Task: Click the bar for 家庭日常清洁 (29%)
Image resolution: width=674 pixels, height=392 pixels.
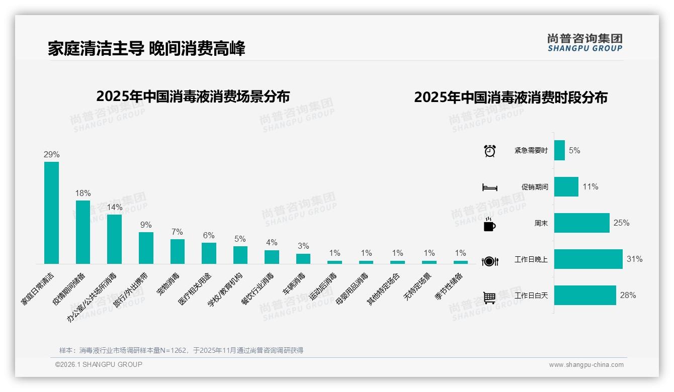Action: click(51, 213)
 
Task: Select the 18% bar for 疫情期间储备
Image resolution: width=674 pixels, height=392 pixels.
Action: click(83, 232)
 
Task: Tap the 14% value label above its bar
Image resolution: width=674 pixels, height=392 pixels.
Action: click(114, 207)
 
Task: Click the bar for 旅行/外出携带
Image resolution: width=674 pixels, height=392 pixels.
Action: click(146, 248)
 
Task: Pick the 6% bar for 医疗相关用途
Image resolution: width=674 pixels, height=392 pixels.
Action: click(209, 253)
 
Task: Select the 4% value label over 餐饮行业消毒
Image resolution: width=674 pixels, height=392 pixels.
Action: click(272, 243)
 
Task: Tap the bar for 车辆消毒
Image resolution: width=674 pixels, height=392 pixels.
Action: click(303, 258)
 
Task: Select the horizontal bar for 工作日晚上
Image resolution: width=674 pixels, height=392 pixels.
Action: click(588, 259)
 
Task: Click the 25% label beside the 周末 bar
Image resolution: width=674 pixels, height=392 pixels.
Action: click(621, 223)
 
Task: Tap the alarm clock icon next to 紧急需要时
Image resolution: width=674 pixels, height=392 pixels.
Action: click(489, 151)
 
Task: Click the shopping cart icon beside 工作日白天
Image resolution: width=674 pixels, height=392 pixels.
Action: click(489, 298)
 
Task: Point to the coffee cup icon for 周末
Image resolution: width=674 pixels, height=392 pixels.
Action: click(489, 225)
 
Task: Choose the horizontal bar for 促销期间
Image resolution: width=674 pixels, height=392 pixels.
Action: click(566, 187)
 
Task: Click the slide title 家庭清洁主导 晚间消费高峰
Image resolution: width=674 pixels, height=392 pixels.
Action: click(146, 49)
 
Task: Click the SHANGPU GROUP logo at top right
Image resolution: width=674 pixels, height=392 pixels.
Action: click(584, 43)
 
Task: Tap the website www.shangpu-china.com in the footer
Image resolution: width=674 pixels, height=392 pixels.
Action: click(586, 365)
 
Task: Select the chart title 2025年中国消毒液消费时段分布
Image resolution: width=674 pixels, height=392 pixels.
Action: click(511, 97)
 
